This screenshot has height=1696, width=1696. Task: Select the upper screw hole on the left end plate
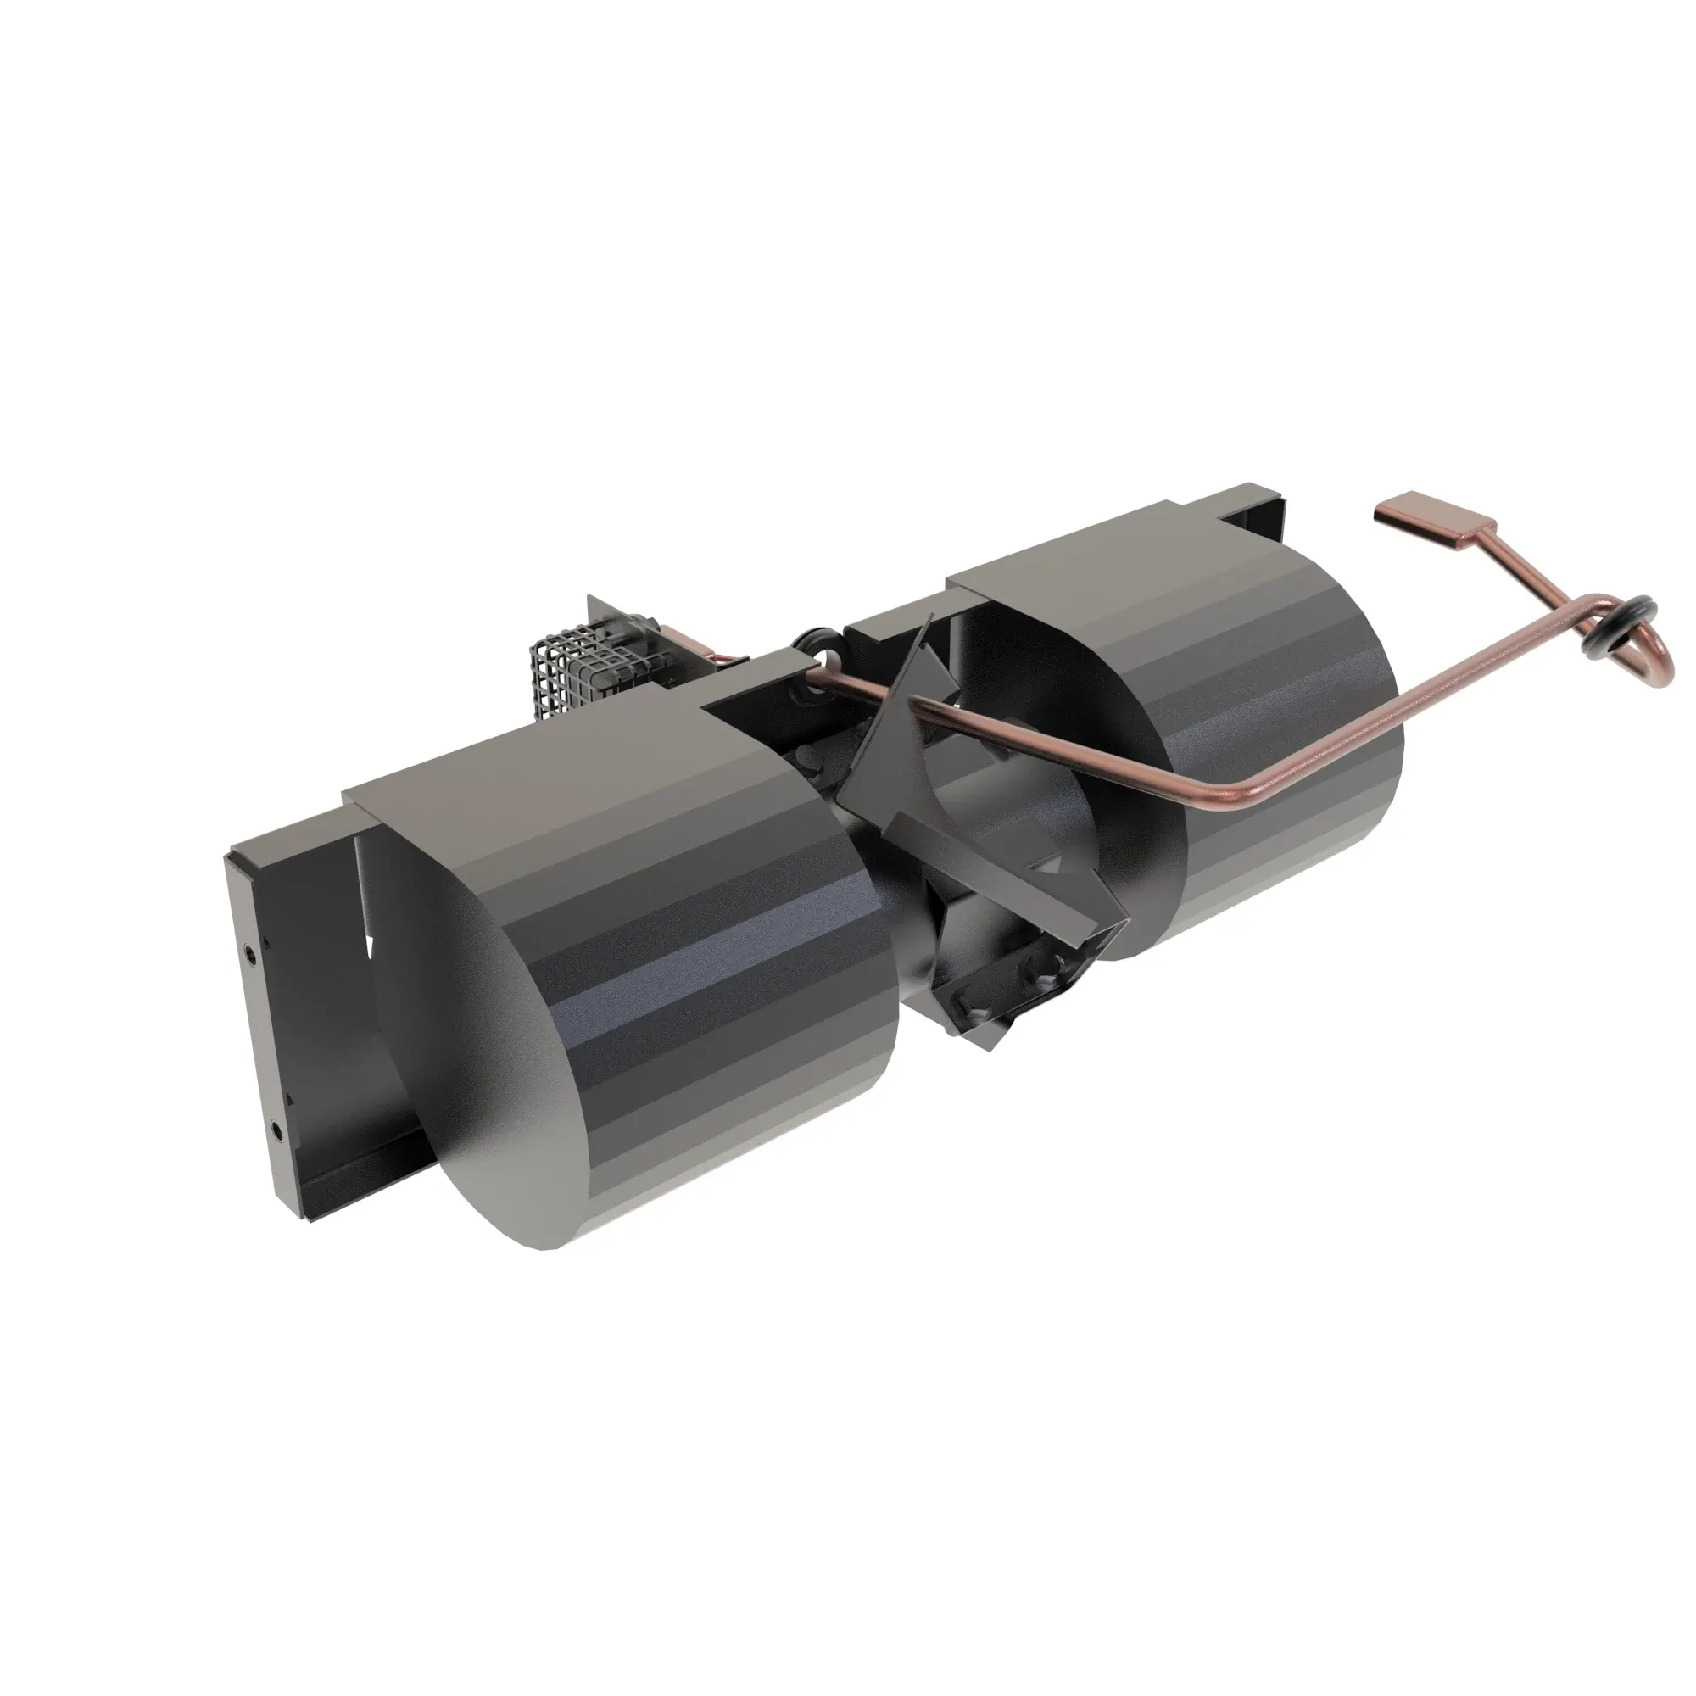[251, 951]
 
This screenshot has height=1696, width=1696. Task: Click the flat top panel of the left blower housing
[544, 755]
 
